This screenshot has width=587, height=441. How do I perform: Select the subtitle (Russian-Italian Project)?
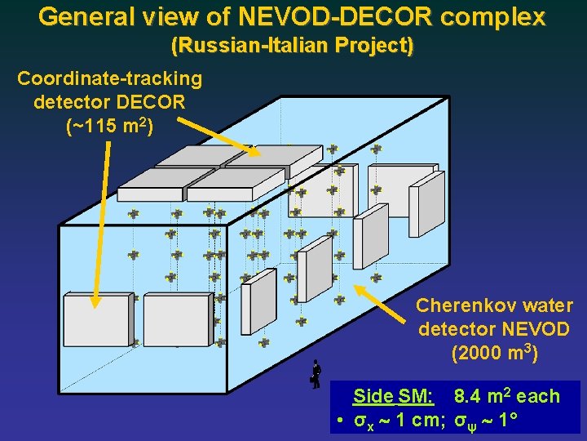292,47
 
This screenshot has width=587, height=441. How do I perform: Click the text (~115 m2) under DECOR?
109,127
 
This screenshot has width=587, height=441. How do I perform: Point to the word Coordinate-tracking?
109,78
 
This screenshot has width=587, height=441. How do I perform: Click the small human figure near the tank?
316,374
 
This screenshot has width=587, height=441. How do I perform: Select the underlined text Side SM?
392,397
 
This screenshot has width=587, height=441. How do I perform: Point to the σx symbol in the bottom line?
361,421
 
